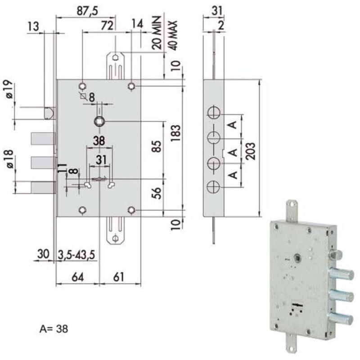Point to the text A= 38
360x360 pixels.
coord(54,329)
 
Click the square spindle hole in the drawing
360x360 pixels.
coord(99,121)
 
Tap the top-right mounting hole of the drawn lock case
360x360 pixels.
coord(131,85)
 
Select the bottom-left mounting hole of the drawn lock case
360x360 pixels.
coord(82,210)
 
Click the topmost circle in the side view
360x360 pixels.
coord(214,112)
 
